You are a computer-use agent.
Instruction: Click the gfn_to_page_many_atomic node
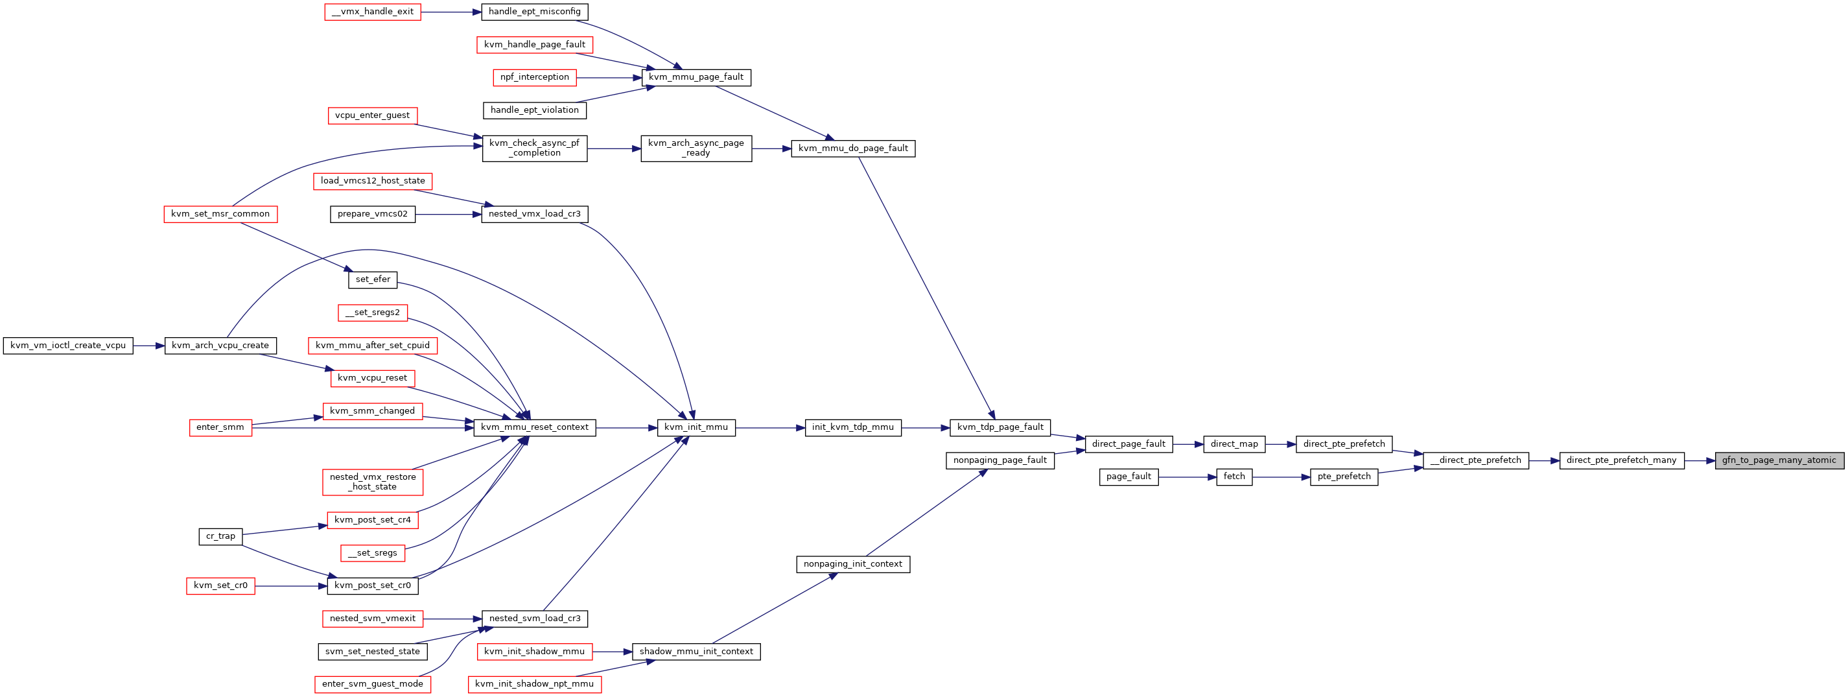[1779, 460]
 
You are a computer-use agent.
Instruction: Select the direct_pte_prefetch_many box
[1621, 460]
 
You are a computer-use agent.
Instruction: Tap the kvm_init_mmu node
[696, 427]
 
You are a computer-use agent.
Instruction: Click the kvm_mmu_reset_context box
[535, 427]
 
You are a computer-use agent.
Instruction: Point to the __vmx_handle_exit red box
[372, 12]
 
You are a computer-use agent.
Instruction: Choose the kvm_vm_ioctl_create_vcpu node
[68, 346]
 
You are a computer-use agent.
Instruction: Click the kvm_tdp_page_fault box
[1000, 427]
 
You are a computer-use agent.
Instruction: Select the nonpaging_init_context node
[853, 564]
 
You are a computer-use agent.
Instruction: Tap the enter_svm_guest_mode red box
[372, 684]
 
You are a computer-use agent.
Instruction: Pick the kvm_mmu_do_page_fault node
[853, 148]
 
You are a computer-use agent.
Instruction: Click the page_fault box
[1129, 477]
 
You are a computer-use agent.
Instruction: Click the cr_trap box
[220, 536]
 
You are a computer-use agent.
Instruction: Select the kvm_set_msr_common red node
[220, 214]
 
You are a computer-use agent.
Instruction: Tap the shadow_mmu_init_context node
[696, 652]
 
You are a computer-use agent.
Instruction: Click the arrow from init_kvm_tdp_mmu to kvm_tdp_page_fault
[926, 428]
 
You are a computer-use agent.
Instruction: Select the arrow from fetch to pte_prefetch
[1281, 477]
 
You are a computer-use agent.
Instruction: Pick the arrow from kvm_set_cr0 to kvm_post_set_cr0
[290, 585]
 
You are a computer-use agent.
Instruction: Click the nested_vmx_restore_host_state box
[372, 482]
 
